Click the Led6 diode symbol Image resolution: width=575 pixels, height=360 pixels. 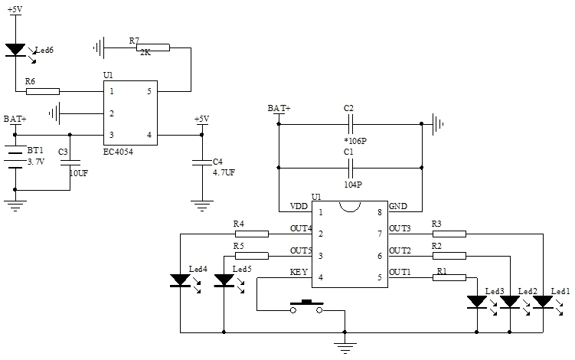[15, 50]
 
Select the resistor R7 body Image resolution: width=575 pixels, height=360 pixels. [154, 47]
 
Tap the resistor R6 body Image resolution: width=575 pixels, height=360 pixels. [43, 92]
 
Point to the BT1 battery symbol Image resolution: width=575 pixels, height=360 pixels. [15, 156]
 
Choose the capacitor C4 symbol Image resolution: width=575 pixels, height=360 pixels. [201, 162]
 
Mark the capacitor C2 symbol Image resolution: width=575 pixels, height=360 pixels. [349, 123]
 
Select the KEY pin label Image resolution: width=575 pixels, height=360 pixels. [299, 272]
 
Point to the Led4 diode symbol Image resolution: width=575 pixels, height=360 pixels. [179, 280]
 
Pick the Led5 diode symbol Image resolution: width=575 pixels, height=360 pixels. [224, 280]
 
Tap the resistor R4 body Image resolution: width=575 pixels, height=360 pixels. [251, 233]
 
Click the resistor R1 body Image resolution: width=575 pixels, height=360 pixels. [449, 277]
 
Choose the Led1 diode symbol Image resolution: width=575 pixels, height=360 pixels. [543, 303]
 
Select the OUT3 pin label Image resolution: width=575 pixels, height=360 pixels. [400, 228]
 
